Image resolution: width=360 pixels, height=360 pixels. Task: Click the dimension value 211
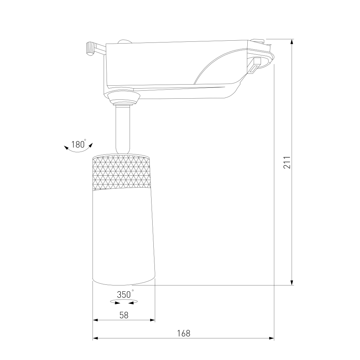tap(287, 163)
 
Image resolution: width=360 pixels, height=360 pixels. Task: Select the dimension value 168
tap(184, 333)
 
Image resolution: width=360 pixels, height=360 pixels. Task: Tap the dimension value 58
tap(124, 315)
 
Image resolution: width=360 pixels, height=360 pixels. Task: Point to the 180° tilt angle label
tap(78, 144)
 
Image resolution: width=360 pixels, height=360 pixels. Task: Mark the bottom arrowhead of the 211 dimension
tap(292, 283)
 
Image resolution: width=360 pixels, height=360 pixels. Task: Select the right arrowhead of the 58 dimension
tap(152, 320)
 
